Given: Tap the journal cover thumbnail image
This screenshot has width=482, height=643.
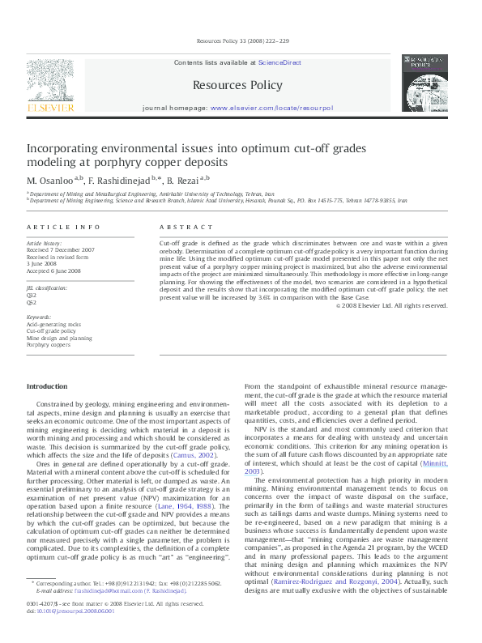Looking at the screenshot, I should pos(428,83).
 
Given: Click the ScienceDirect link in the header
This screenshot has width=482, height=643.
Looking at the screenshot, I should pos(279,62).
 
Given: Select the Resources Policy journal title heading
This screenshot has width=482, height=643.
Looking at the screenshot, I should pos(237,85).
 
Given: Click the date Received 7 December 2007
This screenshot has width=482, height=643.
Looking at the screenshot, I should pos(61,250).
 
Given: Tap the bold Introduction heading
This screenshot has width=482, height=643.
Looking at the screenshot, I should pos(47,386).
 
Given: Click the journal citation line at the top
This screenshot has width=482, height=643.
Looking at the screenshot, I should pos(240,42).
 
